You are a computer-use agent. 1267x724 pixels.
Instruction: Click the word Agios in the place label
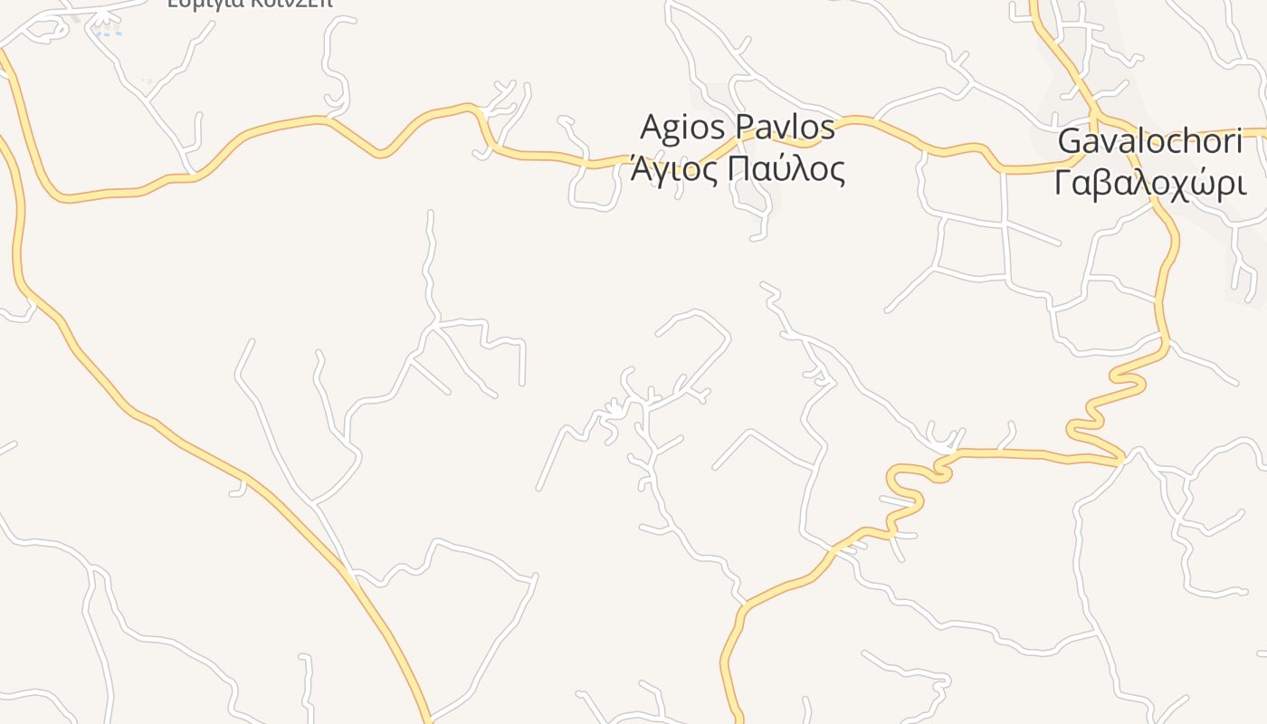(x=681, y=128)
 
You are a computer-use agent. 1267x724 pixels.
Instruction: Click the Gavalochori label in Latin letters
(x=1149, y=142)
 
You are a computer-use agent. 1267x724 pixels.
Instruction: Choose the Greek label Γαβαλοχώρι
(x=1149, y=183)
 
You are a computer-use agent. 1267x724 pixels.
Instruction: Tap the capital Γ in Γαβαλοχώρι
(x=1064, y=183)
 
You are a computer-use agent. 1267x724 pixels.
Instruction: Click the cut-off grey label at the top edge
(x=250, y=4)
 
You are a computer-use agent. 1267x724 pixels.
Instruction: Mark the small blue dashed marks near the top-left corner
(x=108, y=33)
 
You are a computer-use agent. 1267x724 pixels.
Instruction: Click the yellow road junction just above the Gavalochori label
(x=1094, y=116)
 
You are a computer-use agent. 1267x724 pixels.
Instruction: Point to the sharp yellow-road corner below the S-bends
(x=1121, y=459)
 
